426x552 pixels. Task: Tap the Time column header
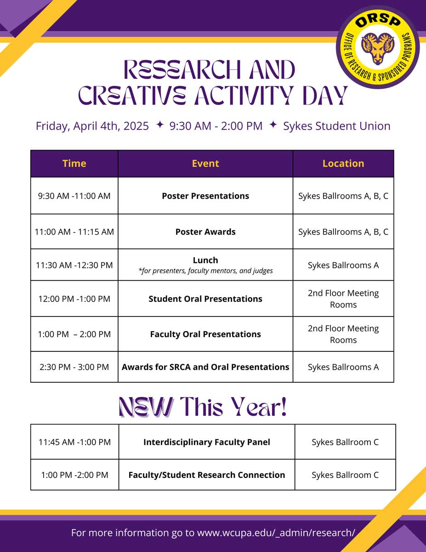74,163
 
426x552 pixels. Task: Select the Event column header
205,163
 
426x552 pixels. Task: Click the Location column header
343,163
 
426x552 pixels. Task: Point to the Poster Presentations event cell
205,195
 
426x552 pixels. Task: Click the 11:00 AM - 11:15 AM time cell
74,232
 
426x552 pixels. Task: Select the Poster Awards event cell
205,232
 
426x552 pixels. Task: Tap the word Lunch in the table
205,260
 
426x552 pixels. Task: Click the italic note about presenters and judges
205,271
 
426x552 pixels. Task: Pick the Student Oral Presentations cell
205,299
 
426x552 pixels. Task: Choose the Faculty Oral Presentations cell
205,334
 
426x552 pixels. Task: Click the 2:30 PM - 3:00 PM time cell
74,367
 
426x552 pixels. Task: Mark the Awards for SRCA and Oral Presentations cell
205,367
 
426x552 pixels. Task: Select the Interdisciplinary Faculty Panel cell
206,442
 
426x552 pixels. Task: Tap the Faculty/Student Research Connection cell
206,475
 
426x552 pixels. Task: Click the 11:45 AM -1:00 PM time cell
74,442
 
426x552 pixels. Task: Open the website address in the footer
276,533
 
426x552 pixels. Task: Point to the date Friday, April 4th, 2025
92,126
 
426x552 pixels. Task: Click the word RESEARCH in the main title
182,70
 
